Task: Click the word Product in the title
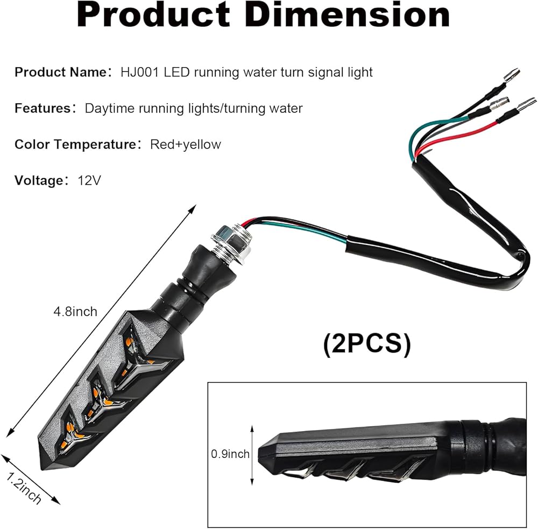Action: click(153, 15)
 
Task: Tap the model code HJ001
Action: click(140, 72)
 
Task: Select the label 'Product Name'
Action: click(61, 72)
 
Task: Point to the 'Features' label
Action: click(43, 108)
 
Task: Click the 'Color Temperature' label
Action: click(75, 145)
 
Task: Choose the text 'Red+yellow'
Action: click(186, 145)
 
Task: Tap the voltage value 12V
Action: click(89, 181)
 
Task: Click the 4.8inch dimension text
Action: click(75, 312)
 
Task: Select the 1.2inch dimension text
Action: click(23, 488)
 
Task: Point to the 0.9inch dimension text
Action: click(230, 454)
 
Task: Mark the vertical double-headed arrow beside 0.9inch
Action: click(252, 455)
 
